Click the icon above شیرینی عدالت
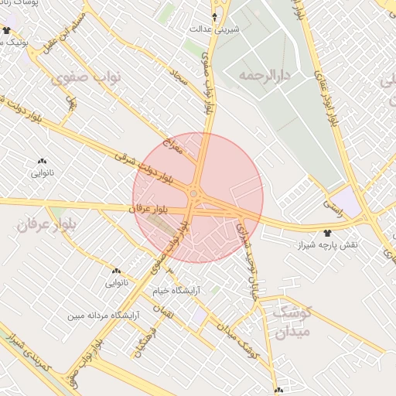[215, 15]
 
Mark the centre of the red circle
[198, 198]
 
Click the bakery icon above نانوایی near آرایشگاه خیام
[116, 271]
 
